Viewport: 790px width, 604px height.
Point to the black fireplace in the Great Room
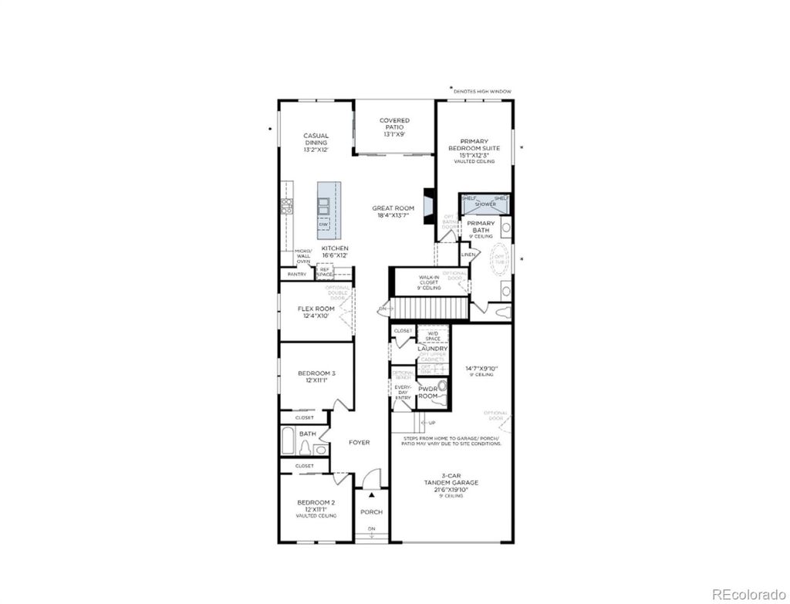(429, 207)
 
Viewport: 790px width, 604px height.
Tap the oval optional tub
(499, 258)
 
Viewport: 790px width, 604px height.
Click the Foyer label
(360, 443)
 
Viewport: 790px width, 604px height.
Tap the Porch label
(371, 512)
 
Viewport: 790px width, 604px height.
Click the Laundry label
(433, 349)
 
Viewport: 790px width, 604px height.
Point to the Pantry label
(297, 274)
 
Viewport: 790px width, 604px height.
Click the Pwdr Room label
(427, 392)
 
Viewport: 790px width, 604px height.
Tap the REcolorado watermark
(746, 593)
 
